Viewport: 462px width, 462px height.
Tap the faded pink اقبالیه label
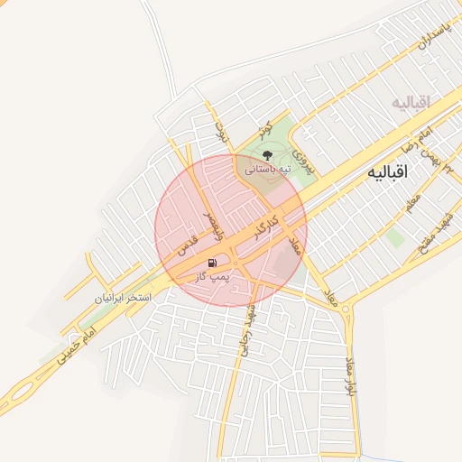tap(411, 102)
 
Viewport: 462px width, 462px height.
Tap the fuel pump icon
tap(212, 263)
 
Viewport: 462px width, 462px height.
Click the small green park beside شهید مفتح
tap(394, 237)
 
